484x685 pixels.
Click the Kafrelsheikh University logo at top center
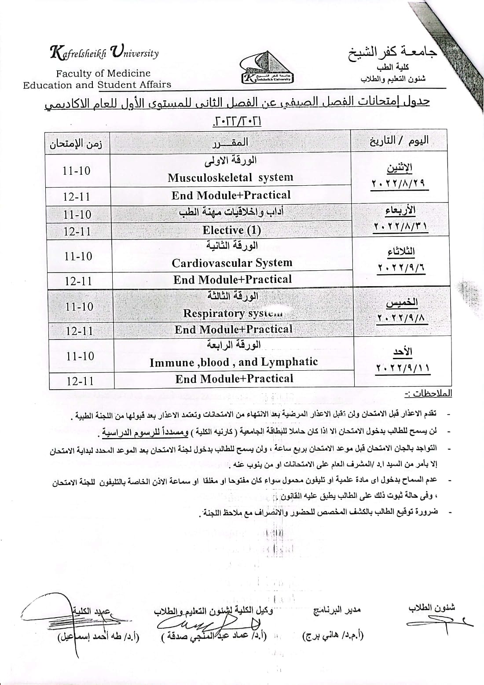(x=267, y=71)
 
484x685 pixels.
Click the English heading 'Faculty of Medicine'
(x=103, y=74)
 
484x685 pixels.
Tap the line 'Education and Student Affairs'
(x=97, y=85)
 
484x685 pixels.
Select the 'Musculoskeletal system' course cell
(x=230, y=177)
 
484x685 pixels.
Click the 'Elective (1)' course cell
(x=231, y=230)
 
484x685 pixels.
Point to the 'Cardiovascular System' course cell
(x=232, y=263)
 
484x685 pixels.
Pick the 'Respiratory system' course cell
(x=232, y=313)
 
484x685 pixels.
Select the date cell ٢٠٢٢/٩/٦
(x=401, y=268)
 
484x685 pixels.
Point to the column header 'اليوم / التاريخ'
(x=399, y=141)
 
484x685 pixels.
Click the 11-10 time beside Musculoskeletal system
(x=77, y=171)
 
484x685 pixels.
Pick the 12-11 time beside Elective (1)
(x=77, y=231)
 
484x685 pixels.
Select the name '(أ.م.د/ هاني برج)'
(x=333, y=636)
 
